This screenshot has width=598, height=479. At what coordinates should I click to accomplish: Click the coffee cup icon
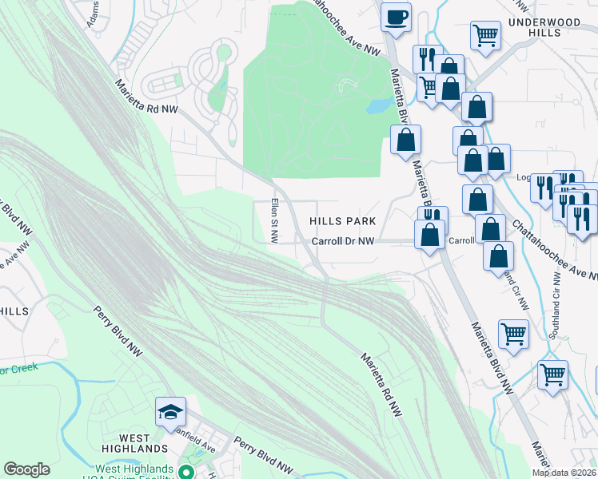click(x=395, y=17)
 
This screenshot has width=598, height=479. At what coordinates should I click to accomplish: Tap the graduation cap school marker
click(x=170, y=412)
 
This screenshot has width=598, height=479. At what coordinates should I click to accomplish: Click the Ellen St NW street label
click(x=274, y=220)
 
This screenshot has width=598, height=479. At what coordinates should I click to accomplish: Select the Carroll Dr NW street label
click(x=342, y=240)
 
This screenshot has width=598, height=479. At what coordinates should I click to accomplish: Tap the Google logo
click(x=26, y=469)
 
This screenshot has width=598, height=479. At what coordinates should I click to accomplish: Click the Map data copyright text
click(x=564, y=473)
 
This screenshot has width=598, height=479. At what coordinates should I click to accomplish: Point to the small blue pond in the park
click(x=378, y=105)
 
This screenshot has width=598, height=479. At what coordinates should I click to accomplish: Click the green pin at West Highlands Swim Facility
click(x=188, y=473)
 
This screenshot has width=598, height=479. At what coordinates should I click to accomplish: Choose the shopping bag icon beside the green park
click(x=405, y=140)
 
